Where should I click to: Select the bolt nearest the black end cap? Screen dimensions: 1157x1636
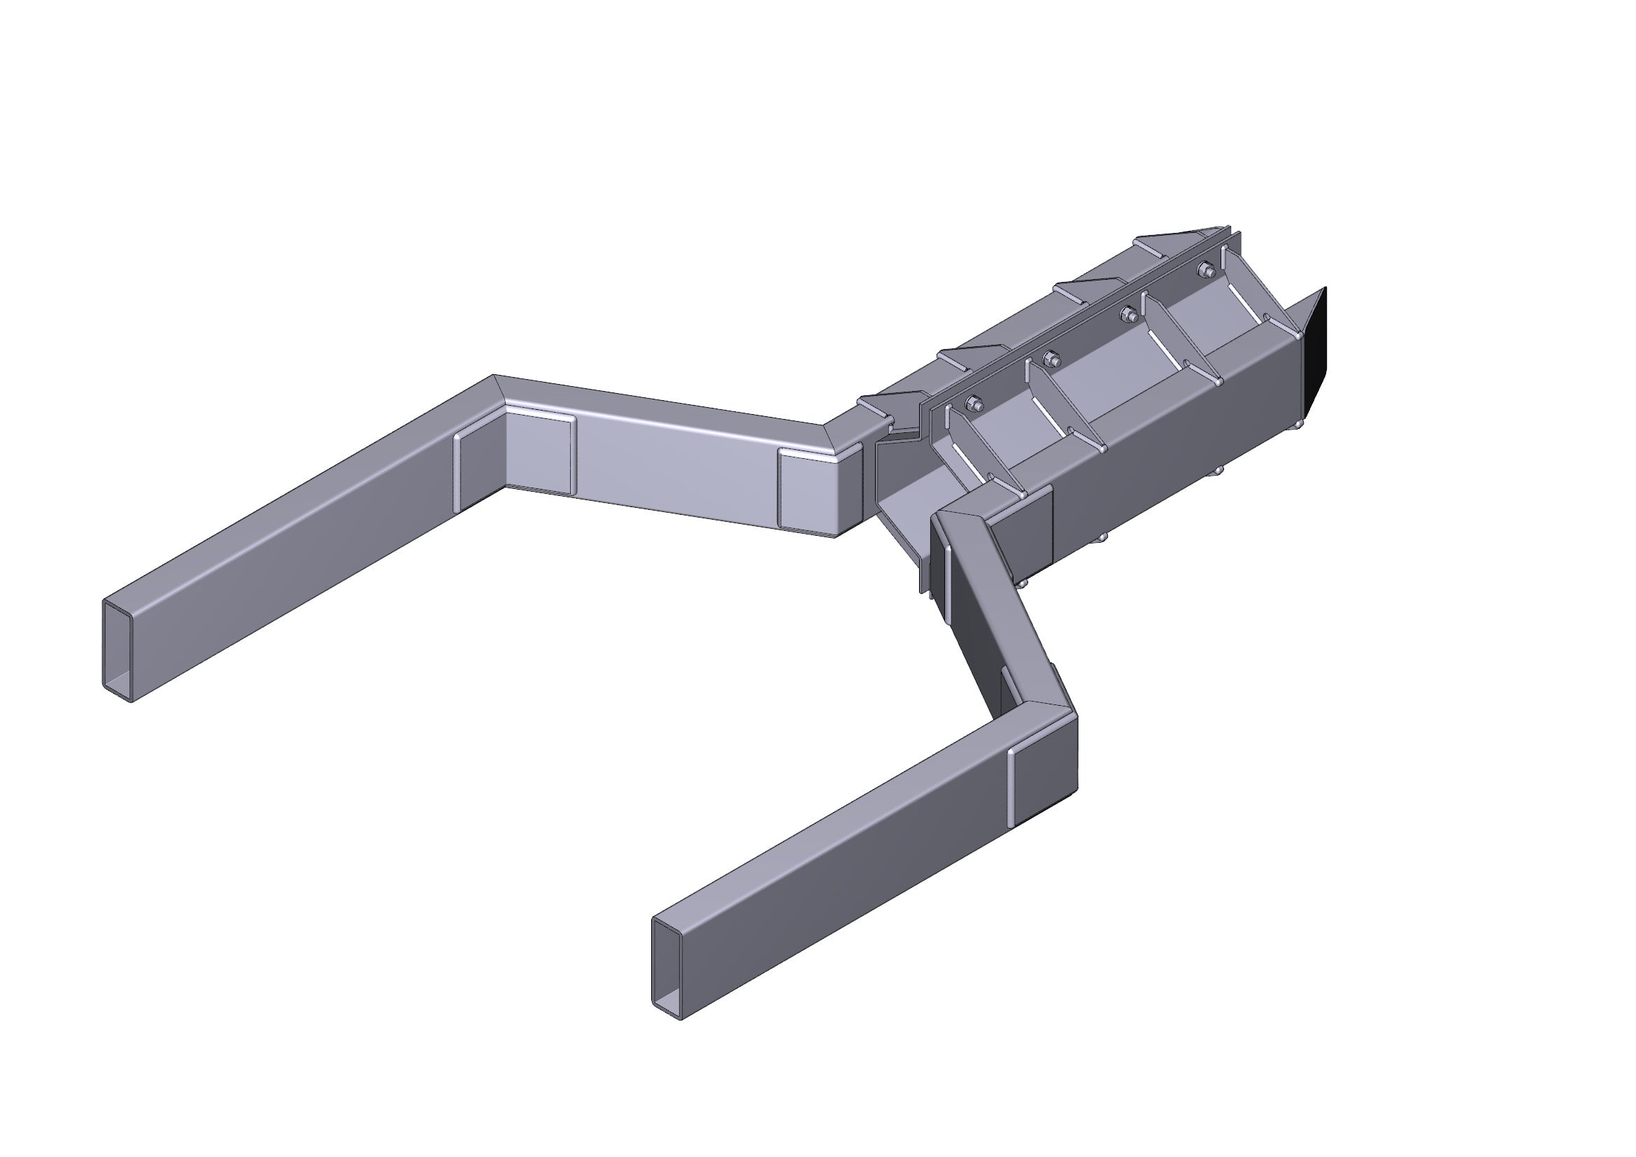coord(1207,269)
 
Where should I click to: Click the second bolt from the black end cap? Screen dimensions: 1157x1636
coord(1128,313)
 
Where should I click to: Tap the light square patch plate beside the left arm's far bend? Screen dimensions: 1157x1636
coord(539,455)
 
